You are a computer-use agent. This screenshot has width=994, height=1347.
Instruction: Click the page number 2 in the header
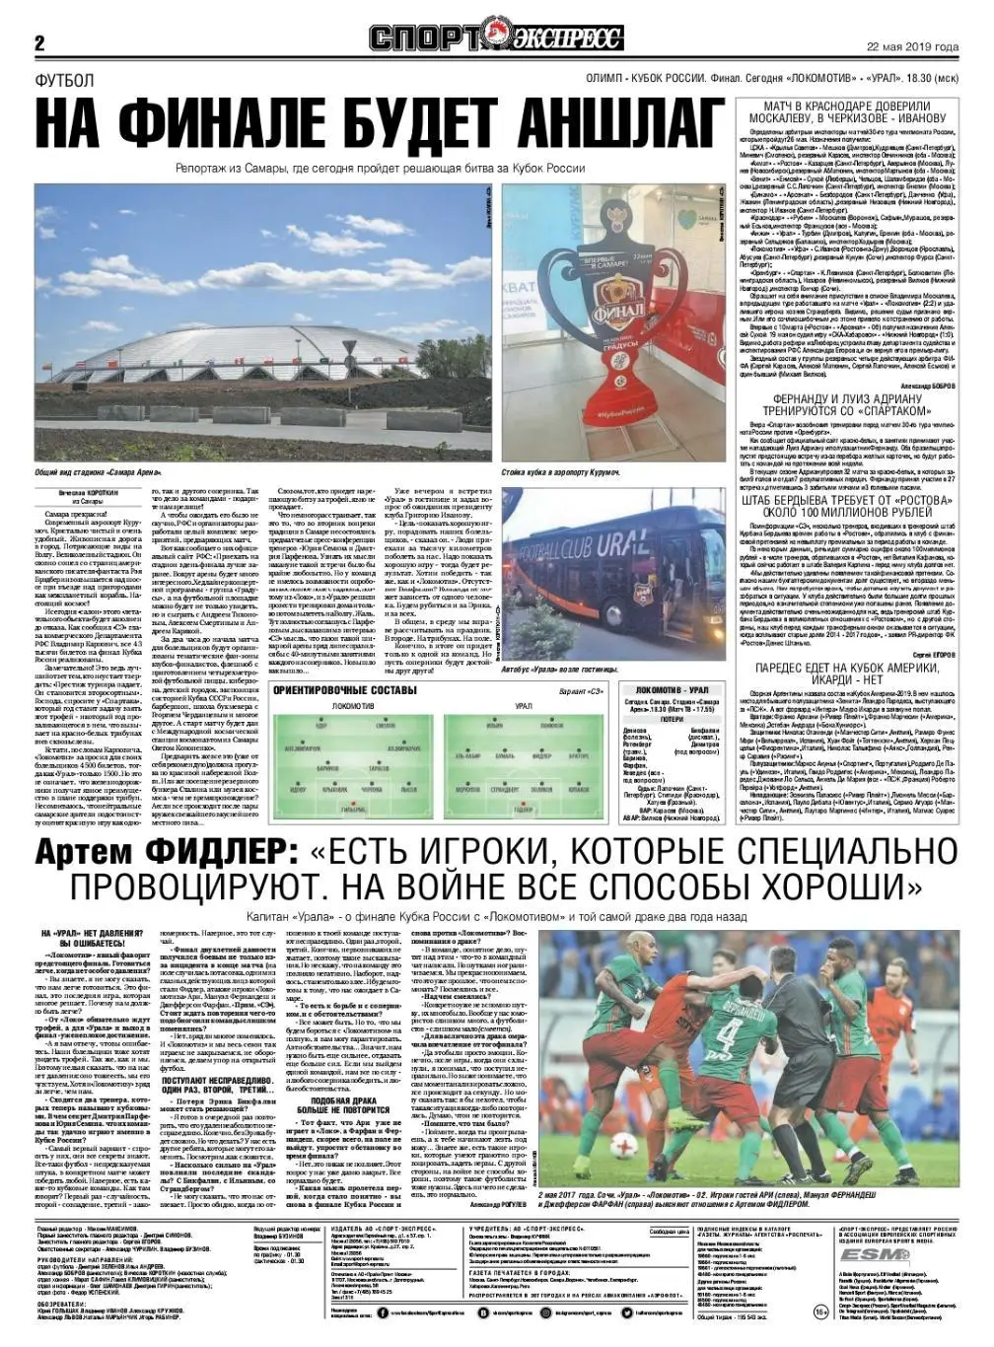[x=40, y=43]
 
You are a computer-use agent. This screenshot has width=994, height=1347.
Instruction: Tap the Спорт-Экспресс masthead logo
[x=496, y=38]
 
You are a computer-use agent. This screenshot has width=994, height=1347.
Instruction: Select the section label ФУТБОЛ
[x=64, y=80]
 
